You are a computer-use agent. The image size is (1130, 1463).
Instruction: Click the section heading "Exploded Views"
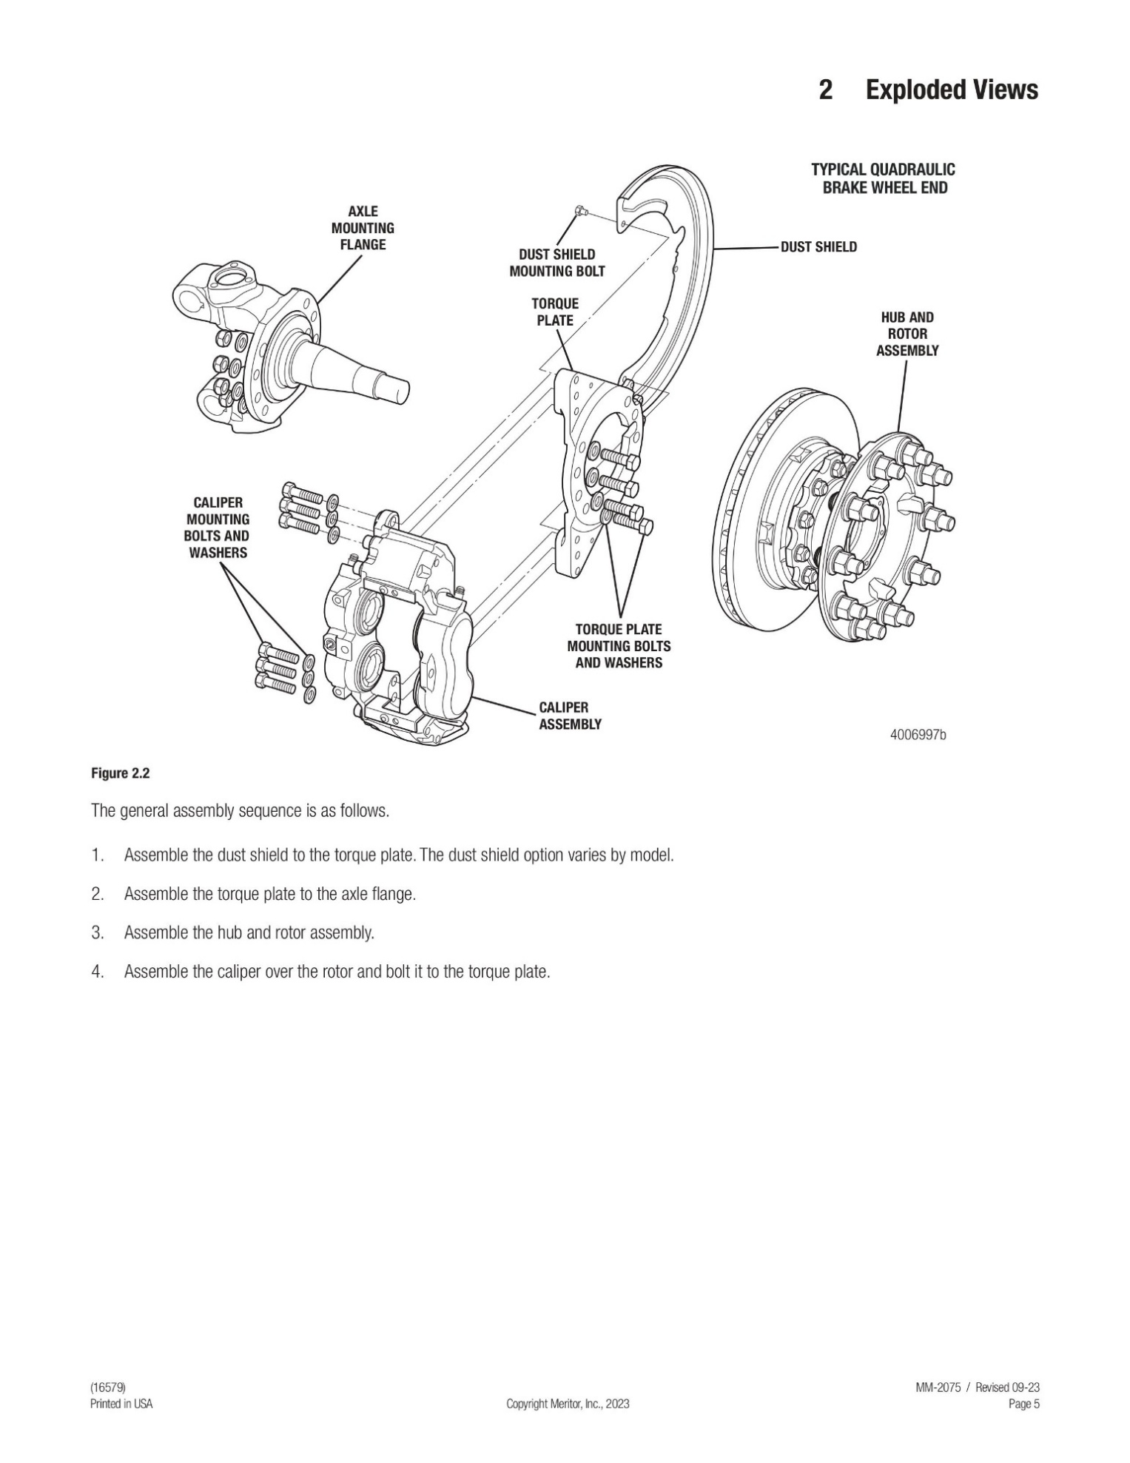(951, 90)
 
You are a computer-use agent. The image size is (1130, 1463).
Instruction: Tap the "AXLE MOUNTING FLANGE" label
(363, 228)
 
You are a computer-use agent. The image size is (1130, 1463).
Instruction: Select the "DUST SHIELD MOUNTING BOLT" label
(556, 263)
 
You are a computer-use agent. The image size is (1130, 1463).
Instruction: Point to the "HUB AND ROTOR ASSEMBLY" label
(907, 334)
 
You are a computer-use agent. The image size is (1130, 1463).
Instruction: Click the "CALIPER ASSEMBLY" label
(570, 716)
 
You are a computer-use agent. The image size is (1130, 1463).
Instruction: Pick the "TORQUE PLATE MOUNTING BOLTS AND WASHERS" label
(619, 646)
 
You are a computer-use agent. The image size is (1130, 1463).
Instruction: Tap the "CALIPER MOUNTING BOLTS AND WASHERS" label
(217, 528)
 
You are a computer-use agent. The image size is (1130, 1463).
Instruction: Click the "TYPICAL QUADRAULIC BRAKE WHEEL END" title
(883, 178)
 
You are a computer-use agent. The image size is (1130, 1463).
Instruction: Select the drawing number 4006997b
(918, 735)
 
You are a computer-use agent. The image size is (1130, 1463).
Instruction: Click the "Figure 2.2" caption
(120, 774)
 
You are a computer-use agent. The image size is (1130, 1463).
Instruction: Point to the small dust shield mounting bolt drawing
(581, 212)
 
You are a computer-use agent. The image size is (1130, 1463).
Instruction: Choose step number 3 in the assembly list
(97, 932)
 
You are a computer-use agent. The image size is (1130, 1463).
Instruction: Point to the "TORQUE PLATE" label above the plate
(555, 312)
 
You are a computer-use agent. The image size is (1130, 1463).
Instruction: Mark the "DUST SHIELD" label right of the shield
(818, 247)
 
